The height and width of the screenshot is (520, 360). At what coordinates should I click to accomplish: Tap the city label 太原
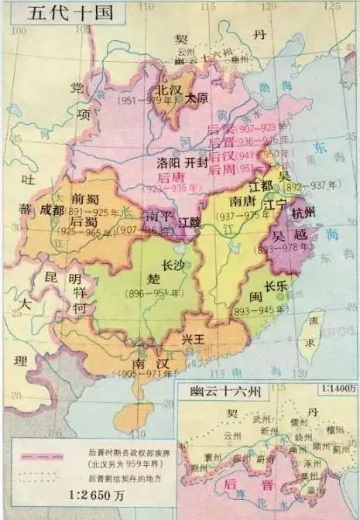coord(198,98)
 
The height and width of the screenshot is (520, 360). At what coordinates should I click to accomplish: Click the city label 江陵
coord(190,222)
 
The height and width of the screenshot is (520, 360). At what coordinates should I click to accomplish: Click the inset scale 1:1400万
coord(331,392)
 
